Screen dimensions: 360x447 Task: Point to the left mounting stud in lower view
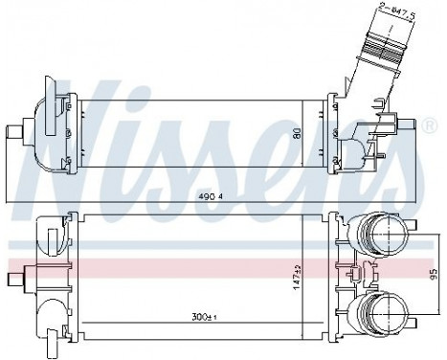coord(16,279)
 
